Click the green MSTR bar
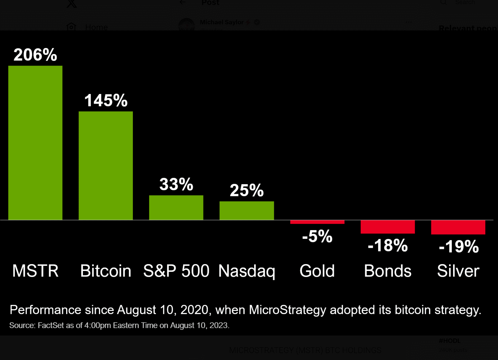[35, 143]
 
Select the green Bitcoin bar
[106, 166]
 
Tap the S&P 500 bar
[176, 208]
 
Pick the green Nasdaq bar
[247, 211]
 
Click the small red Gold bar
[317, 222]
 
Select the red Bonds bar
[388, 227]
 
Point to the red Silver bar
[458, 227]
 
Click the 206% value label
[35, 55]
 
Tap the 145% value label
[106, 100]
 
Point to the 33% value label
[176, 184]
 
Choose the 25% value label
[247, 190]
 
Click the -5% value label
[317, 236]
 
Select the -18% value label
[388, 245]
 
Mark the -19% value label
[459, 246]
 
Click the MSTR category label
[35, 271]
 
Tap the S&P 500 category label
[176, 271]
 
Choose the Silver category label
[458, 271]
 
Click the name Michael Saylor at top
[222, 22]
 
